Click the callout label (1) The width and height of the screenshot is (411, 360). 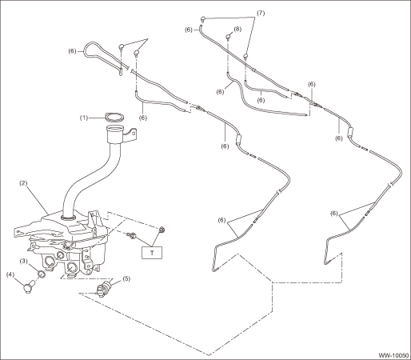click(x=84, y=118)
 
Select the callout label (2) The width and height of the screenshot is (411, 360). click(x=23, y=183)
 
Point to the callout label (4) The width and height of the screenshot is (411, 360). click(x=11, y=274)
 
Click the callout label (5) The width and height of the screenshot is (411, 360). click(x=126, y=278)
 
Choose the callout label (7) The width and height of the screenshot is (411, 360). click(x=261, y=13)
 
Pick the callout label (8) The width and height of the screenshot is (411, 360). click(x=237, y=29)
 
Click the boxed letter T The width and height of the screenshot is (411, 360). click(x=152, y=253)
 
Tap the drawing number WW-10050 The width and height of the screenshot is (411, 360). click(x=393, y=355)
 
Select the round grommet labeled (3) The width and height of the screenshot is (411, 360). click(x=41, y=274)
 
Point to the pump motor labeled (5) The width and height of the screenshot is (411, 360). click(x=104, y=289)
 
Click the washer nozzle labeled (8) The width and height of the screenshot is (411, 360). click(x=229, y=37)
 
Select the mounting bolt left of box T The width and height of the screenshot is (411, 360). click(x=131, y=235)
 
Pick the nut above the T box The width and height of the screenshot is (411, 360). click(x=161, y=230)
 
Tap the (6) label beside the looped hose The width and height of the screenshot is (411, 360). click(x=73, y=51)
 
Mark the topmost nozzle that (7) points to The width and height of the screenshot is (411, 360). click(x=203, y=19)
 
